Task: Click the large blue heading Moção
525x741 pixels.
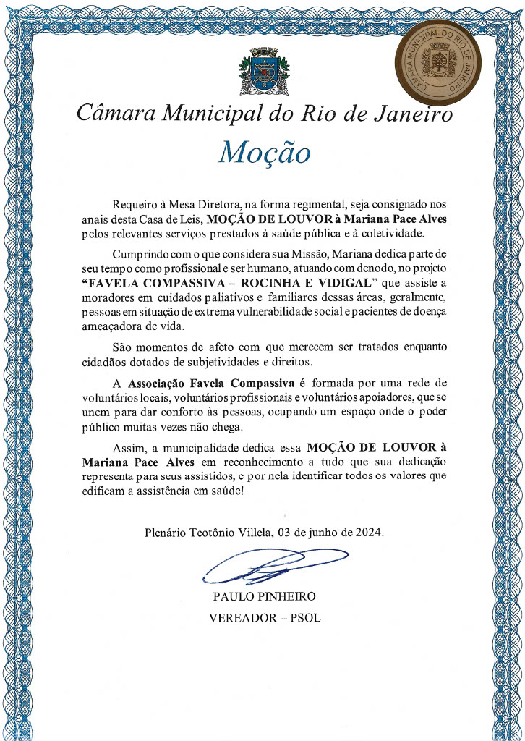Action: pos(264,152)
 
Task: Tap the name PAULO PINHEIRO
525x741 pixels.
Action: pos(264,597)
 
